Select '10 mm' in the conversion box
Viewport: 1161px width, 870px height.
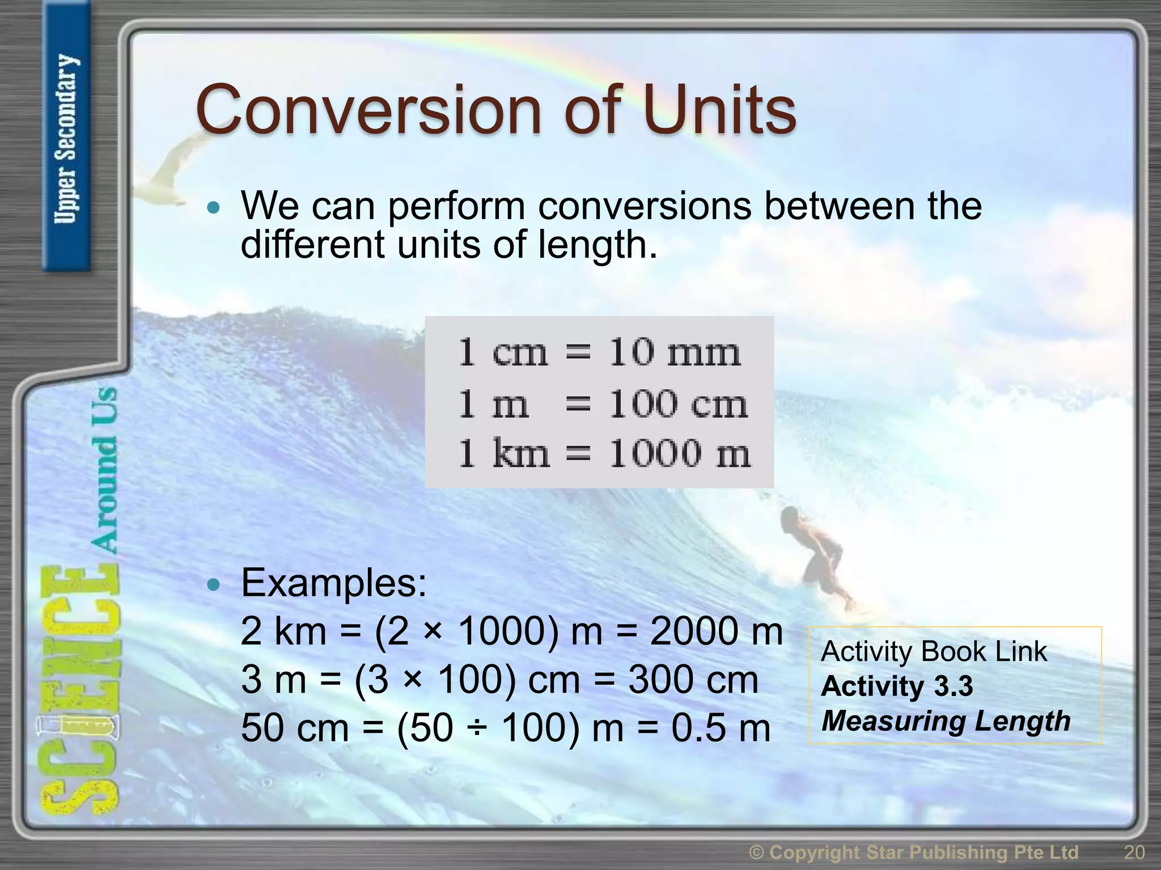(x=675, y=352)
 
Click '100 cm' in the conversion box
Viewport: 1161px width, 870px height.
(x=678, y=404)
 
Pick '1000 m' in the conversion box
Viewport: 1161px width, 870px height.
(x=680, y=454)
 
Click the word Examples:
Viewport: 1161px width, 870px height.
(x=333, y=583)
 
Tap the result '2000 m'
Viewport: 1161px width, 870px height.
(x=716, y=632)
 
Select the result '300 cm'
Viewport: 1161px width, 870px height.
(x=693, y=680)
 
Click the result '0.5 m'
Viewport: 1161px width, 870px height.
(x=721, y=728)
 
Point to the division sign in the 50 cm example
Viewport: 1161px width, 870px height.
(x=477, y=730)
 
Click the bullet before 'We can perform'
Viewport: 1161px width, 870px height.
(x=213, y=208)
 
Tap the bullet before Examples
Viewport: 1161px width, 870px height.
(x=213, y=585)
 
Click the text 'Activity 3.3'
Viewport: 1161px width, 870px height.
(x=897, y=686)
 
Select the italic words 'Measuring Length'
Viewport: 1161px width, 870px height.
(x=946, y=721)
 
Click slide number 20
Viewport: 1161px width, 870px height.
(x=1134, y=852)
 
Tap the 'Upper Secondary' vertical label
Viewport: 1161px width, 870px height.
(x=67, y=139)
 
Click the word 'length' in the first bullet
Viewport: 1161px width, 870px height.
(x=596, y=245)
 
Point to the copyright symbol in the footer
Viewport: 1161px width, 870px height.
(x=756, y=852)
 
